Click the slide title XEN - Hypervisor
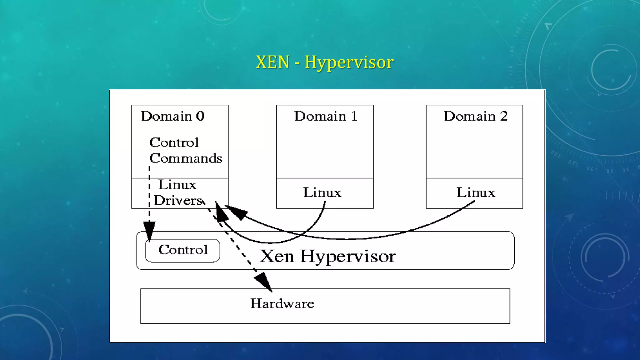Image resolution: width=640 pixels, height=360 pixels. coord(324,62)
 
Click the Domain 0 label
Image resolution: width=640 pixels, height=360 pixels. coord(172,116)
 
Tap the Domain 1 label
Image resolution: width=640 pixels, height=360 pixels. coord(325,116)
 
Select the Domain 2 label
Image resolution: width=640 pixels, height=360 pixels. coord(475,116)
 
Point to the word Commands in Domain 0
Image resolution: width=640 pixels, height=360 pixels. coord(186,158)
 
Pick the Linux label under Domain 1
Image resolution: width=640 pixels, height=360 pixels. coord(322,192)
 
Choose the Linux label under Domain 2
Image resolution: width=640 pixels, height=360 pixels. coord(476,192)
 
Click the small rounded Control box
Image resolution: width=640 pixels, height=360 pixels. coord(182,250)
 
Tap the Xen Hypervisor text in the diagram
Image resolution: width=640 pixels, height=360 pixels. coord(327,256)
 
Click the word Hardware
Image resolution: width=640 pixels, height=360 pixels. coord(282,304)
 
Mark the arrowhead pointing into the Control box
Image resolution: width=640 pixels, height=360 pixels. coord(149,230)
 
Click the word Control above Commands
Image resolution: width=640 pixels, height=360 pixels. coord(174,142)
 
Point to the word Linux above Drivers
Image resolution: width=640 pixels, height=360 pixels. coord(177,185)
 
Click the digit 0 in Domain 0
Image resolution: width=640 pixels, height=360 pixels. coord(200,116)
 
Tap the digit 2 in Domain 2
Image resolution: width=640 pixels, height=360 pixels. coord(504,116)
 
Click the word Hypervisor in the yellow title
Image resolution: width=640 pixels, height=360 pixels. coord(349,62)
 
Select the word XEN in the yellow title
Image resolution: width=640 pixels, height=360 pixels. coord(272,62)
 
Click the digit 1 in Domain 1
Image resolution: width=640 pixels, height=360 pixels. coord(354,116)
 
